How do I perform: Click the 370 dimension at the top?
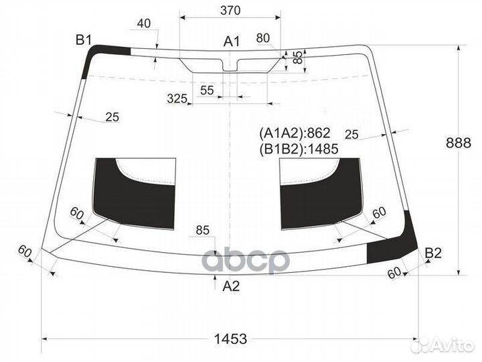point(230,11)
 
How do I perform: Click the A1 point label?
point(231,42)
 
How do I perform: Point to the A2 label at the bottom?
point(230,286)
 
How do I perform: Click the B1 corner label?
point(83,41)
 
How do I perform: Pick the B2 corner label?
point(433,253)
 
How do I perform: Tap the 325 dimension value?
point(177,99)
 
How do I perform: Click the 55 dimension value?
point(207,90)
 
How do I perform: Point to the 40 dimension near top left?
point(143,23)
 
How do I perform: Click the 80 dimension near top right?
point(263,37)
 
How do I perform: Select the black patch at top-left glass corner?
point(100,54)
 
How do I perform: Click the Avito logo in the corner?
point(442,345)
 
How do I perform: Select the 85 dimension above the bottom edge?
point(203,231)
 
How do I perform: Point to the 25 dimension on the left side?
point(112,117)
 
